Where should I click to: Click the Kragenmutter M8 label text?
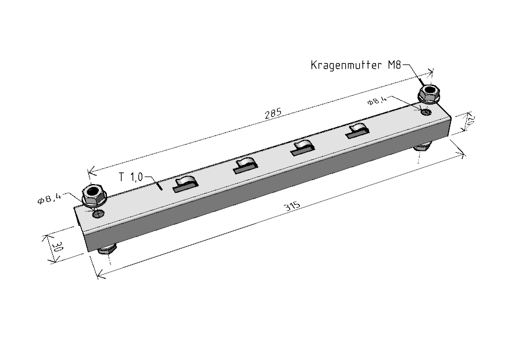[x=356, y=65]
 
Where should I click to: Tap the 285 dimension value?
[x=273, y=114]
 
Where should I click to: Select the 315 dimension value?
[x=292, y=206]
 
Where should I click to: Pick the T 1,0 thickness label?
[x=131, y=177]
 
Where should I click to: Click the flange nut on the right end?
[x=429, y=93]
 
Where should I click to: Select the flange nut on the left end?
[x=94, y=195]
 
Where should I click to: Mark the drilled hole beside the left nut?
[x=99, y=214]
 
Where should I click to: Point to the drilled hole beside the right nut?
[x=427, y=111]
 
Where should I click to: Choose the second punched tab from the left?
[x=245, y=165]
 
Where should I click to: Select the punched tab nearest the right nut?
[x=356, y=131]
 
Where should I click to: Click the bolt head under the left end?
[x=108, y=250]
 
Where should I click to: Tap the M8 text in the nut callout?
[x=394, y=64]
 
